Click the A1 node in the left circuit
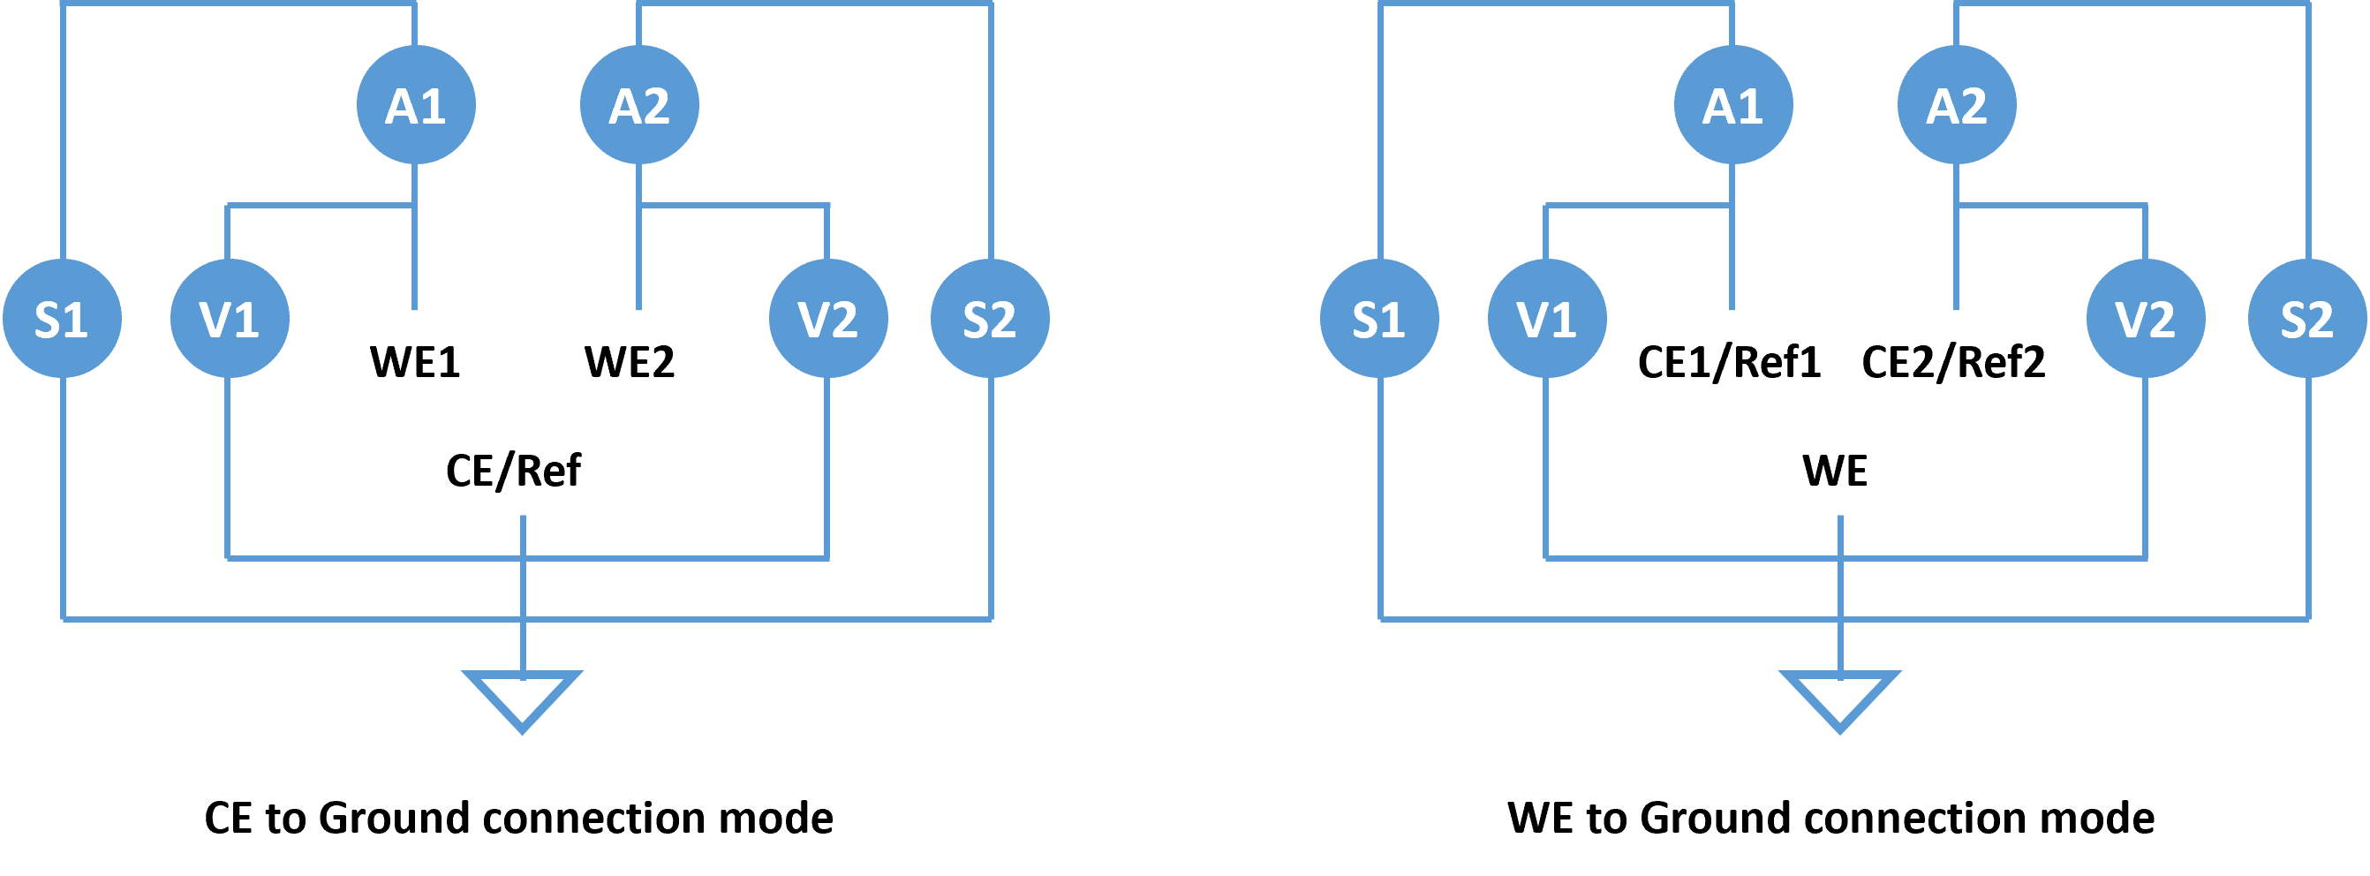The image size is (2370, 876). (x=416, y=105)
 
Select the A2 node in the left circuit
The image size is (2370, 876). (x=639, y=105)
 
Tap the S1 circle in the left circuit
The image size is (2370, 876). (x=63, y=319)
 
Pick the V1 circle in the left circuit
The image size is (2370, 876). (x=230, y=319)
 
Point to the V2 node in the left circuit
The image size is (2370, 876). (x=828, y=319)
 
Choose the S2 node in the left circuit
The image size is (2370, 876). (x=990, y=319)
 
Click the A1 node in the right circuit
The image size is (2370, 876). (x=1733, y=105)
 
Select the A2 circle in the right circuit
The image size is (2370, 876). (x=1957, y=105)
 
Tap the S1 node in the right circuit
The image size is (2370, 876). (x=1380, y=319)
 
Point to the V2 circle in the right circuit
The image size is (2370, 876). (x=2146, y=319)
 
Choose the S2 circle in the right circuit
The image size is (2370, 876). (x=2307, y=319)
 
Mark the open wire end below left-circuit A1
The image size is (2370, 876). (x=415, y=308)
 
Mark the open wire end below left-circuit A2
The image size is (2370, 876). (x=639, y=308)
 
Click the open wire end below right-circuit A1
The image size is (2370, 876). (x=1732, y=308)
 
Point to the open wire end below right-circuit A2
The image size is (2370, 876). (x=1957, y=308)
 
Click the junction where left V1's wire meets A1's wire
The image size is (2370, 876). (x=415, y=206)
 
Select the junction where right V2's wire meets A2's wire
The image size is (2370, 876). (x=1957, y=206)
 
